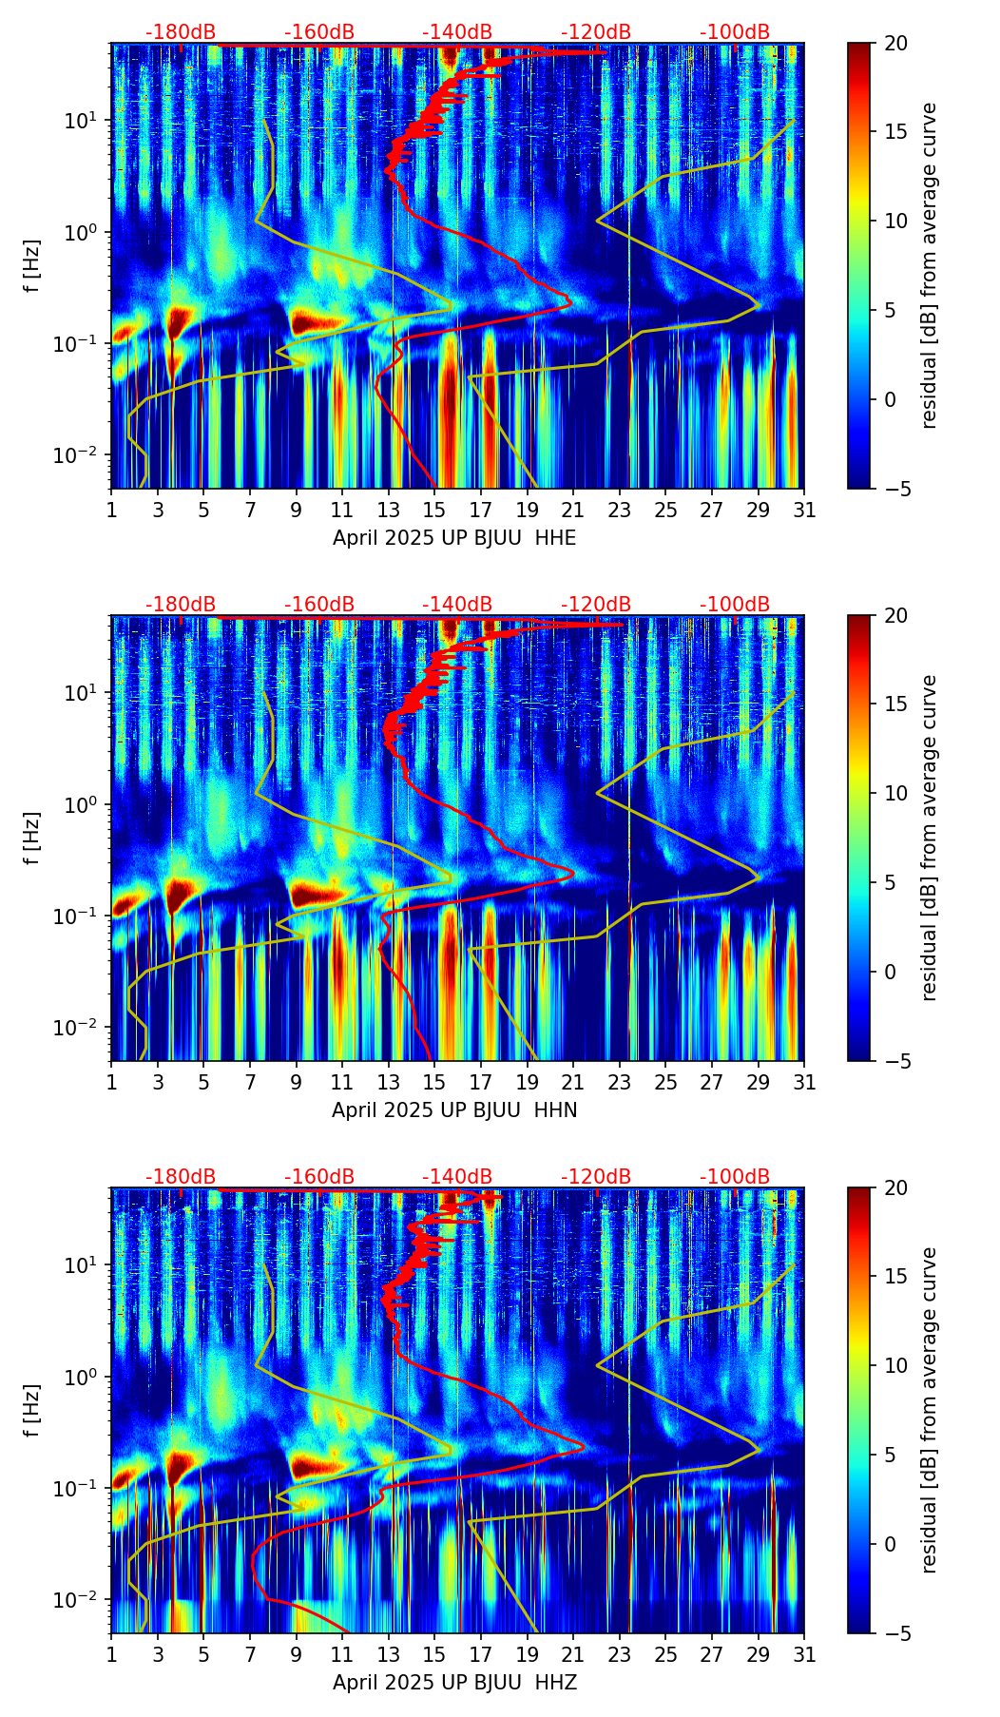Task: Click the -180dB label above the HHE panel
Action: tap(181, 32)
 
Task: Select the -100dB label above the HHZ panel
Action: tap(735, 1177)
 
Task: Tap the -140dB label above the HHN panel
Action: tap(457, 605)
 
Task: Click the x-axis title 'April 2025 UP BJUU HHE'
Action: tap(454, 538)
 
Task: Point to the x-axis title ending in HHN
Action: tap(454, 1110)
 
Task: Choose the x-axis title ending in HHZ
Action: tap(454, 1683)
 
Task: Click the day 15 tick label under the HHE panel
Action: tap(434, 511)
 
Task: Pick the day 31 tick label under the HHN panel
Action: tap(804, 1083)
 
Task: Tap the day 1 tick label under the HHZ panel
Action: tap(112, 1655)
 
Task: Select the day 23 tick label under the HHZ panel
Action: tap(620, 1655)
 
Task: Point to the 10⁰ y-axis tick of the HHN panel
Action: tap(84, 805)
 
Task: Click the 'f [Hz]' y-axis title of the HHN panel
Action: tap(32, 838)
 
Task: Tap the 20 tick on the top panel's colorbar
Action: tap(894, 43)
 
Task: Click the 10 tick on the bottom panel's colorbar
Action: tap(894, 1365)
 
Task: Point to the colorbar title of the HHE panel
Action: tap(930, 265)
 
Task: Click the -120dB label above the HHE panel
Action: tap(596, 32)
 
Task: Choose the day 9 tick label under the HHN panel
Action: tap(297, 1083)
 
